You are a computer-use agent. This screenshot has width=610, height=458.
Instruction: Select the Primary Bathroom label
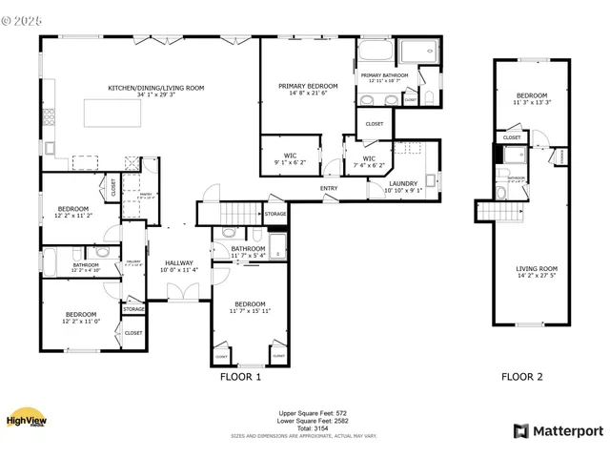384,77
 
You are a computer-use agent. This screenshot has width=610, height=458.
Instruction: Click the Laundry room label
403,185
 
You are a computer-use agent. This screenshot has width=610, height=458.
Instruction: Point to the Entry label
329,188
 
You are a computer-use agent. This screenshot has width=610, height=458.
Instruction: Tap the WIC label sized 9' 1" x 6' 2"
291,159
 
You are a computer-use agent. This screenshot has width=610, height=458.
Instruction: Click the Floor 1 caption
241,377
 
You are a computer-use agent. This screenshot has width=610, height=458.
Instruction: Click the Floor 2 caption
522,377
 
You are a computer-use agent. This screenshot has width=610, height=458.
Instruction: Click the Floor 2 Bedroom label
532,98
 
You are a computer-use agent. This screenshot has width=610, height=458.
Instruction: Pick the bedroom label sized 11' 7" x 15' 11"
249,306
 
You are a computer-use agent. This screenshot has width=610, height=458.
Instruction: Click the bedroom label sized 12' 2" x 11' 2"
72,212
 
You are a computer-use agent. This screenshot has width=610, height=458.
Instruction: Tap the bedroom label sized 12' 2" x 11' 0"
80,318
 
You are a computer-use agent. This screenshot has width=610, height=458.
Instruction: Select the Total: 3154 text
305,427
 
